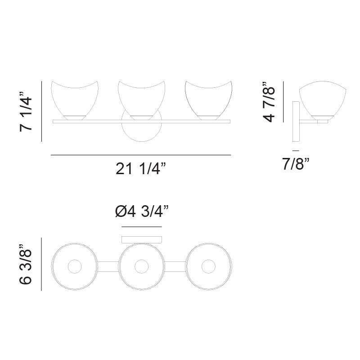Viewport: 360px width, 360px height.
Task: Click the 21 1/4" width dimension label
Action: [x=141, y=169]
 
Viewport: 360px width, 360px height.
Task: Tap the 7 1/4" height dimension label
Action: [x=26, y=112]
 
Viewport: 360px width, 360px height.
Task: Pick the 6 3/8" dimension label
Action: [x=26, y=264]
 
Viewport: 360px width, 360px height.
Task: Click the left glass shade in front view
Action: [x=75, y=99]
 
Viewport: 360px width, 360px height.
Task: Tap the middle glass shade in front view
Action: [x=141, y=99]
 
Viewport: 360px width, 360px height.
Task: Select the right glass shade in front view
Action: [x=208, y=99]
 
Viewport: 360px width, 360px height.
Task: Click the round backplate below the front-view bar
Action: [x=141, y=133]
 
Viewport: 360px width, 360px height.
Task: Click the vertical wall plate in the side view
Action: [x=296, y=121]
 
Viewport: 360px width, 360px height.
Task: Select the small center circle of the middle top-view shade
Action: [x=141, y=267]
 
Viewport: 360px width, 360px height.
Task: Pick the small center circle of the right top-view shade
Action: [x=208, y=267]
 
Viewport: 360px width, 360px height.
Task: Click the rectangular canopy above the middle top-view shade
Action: [x=142, y=240]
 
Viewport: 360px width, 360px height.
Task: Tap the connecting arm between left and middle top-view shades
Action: [x=108, y=267]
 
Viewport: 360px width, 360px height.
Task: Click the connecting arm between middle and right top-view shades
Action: [x=175, y=267]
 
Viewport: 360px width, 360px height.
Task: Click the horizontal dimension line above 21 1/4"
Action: [x=141, y=155]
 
